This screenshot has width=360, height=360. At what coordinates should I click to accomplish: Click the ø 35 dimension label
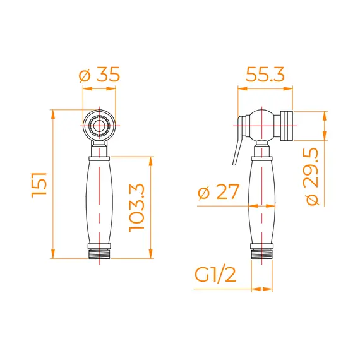[99, 75]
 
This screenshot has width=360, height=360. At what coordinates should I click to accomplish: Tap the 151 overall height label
[39, 184]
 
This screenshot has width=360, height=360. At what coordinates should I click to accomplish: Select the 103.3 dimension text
[136, 208]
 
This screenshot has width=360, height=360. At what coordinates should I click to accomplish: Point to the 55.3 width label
[265, 75]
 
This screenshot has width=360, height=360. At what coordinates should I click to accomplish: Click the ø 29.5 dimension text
[313, 176]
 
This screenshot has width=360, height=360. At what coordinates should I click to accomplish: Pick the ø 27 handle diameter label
[219, 192]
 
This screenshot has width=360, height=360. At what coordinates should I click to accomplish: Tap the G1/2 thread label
[215, 275]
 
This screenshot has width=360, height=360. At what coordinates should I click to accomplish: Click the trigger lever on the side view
[238, 140]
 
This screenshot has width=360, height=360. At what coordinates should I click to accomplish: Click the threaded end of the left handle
[99, 254]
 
